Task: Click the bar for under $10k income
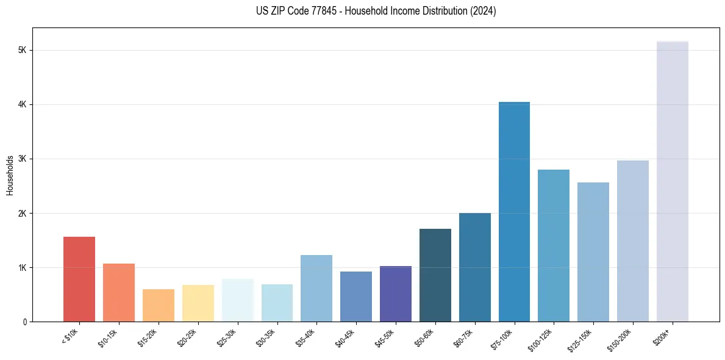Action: [79, 279]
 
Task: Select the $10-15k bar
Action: [119, 292]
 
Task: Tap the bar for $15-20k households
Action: [159, 305]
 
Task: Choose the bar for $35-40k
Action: [316, 288]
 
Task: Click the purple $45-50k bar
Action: [396, 293]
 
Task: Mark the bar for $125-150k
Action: [593, 252]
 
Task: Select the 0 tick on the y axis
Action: [24, 322]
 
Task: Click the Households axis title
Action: [10, 175]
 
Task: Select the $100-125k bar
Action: [554, 245]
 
